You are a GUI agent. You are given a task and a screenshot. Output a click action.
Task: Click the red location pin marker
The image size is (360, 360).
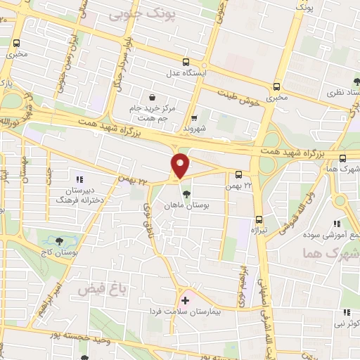(x=181, y=166)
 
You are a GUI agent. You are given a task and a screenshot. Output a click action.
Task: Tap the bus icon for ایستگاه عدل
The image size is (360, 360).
(x=186, y=62)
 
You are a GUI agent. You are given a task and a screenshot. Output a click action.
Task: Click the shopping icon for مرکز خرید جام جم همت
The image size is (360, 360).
(x=151, y=98)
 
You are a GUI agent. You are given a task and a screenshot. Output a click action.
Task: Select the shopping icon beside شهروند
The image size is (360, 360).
(x=194, y=118)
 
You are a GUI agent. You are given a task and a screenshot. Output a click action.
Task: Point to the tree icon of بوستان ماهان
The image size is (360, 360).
(x=186, y=194)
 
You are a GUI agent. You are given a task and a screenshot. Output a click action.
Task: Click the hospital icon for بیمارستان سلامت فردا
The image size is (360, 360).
(x=186, y=300)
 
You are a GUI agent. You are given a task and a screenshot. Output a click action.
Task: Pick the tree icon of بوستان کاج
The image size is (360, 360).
(x=58, y=241)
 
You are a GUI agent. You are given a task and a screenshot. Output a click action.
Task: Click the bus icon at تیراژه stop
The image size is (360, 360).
(x=259, y=219)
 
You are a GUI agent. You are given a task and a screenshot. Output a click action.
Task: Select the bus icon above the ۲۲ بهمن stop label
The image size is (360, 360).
(x=239, y=174)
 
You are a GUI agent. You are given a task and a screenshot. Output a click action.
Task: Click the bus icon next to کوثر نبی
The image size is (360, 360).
(x=346, y=313)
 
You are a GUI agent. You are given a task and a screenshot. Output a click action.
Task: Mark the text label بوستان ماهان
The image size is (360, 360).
(x=186, y=206)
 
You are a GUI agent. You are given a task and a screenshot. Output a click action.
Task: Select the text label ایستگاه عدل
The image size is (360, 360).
(x=186, y=73)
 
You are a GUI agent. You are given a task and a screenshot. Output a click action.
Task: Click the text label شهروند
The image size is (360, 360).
(x=193, y=129)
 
